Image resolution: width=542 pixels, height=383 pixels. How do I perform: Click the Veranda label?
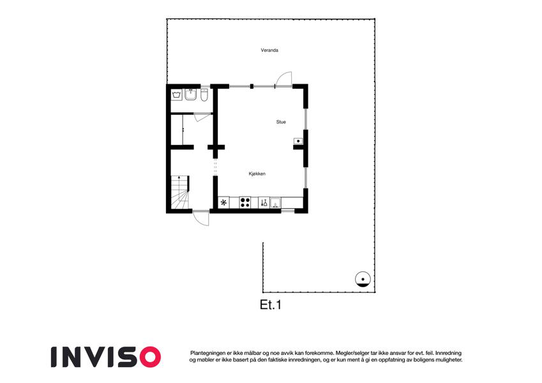coord(269,50)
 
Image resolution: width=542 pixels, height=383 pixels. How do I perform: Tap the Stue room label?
coord(281,122)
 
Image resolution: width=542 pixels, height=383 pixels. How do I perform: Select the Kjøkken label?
coord(257,174)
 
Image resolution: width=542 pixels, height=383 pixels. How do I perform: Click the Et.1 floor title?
coord(271,304)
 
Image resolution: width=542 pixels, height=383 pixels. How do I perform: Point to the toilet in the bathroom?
coord(204,95)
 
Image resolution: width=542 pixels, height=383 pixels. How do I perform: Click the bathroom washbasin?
coord(190,94)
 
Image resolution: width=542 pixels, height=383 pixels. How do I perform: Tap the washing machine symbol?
coord(177,94)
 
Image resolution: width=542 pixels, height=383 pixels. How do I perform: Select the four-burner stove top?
coord(245,202)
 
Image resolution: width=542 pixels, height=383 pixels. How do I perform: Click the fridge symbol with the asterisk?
coord(223,202)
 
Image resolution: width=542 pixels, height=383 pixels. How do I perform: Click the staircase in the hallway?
coord(180,193)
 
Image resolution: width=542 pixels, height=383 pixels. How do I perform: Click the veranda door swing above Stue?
coord(283,79)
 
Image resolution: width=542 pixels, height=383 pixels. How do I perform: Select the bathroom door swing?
coord(202,117)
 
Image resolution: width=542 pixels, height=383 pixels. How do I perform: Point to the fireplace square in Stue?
coord(298,141)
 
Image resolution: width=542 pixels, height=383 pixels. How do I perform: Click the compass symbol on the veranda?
coord(363,280)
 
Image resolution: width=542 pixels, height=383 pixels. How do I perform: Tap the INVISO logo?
coord(106,357)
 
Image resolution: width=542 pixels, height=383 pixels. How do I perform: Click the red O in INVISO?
coord(150,357)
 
